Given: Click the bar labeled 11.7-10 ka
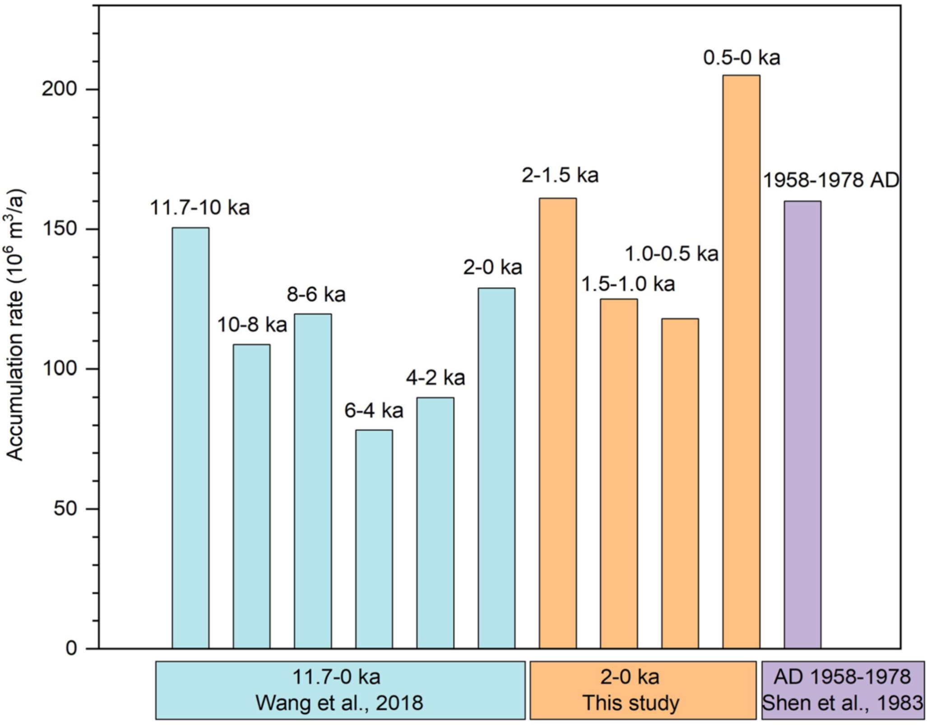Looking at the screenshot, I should pyautogui.click(x=190, y=437).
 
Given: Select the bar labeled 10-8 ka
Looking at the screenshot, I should pyautogui.click(x=251, y=496).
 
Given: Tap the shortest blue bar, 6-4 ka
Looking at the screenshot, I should pyautogui.click(x=374, y=539).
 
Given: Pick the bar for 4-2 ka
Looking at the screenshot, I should pyautogui.click(x=435, y=523).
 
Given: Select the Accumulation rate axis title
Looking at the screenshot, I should pyautogui.click(x=16, y=325).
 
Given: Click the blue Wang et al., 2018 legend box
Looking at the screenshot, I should pyautogui.click(x=340, y=690).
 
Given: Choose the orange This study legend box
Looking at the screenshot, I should pyautogui.click(x=643, y=690).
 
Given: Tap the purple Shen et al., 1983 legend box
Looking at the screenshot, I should pyautogui.click(x=842, y=690).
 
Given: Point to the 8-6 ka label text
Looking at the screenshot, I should pyautogui.click(x=316, y=294).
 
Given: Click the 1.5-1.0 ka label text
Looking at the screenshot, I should pyautogui.click(x=628, y=284).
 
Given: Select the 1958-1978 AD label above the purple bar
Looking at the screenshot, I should pyautogui.click(x=830, y=180).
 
